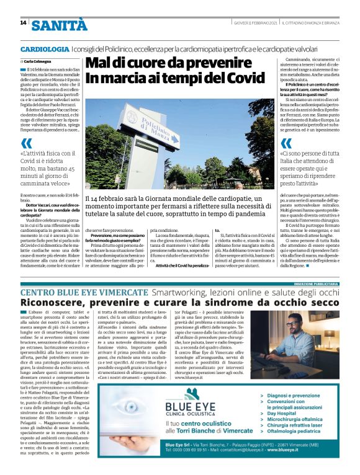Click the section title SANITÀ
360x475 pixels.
point(60,25)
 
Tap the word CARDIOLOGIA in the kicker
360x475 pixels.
point(45,48)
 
